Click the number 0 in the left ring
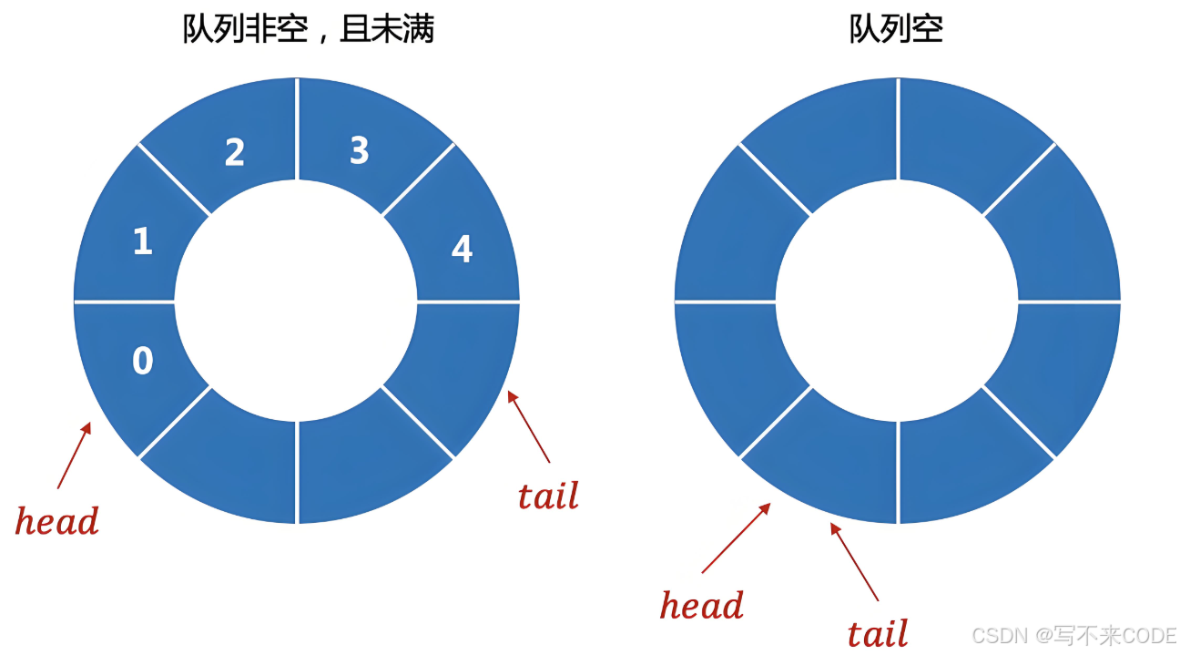coord(143,362)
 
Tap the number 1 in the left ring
coord(143,241)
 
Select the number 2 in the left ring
coord(235,152)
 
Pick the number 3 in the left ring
coord(360,150)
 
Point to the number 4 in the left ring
coord(463,249)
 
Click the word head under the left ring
coord(56,522)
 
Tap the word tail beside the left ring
coord(548,496)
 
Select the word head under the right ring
coord(701,606)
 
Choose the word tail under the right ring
coord(878,634)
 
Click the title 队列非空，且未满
coord(309,29)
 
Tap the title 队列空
coord(896,29)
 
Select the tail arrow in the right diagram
coord(854,561)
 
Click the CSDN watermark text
coord(1073,635)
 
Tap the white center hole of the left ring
coord(296,301)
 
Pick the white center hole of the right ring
coord(897,301)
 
